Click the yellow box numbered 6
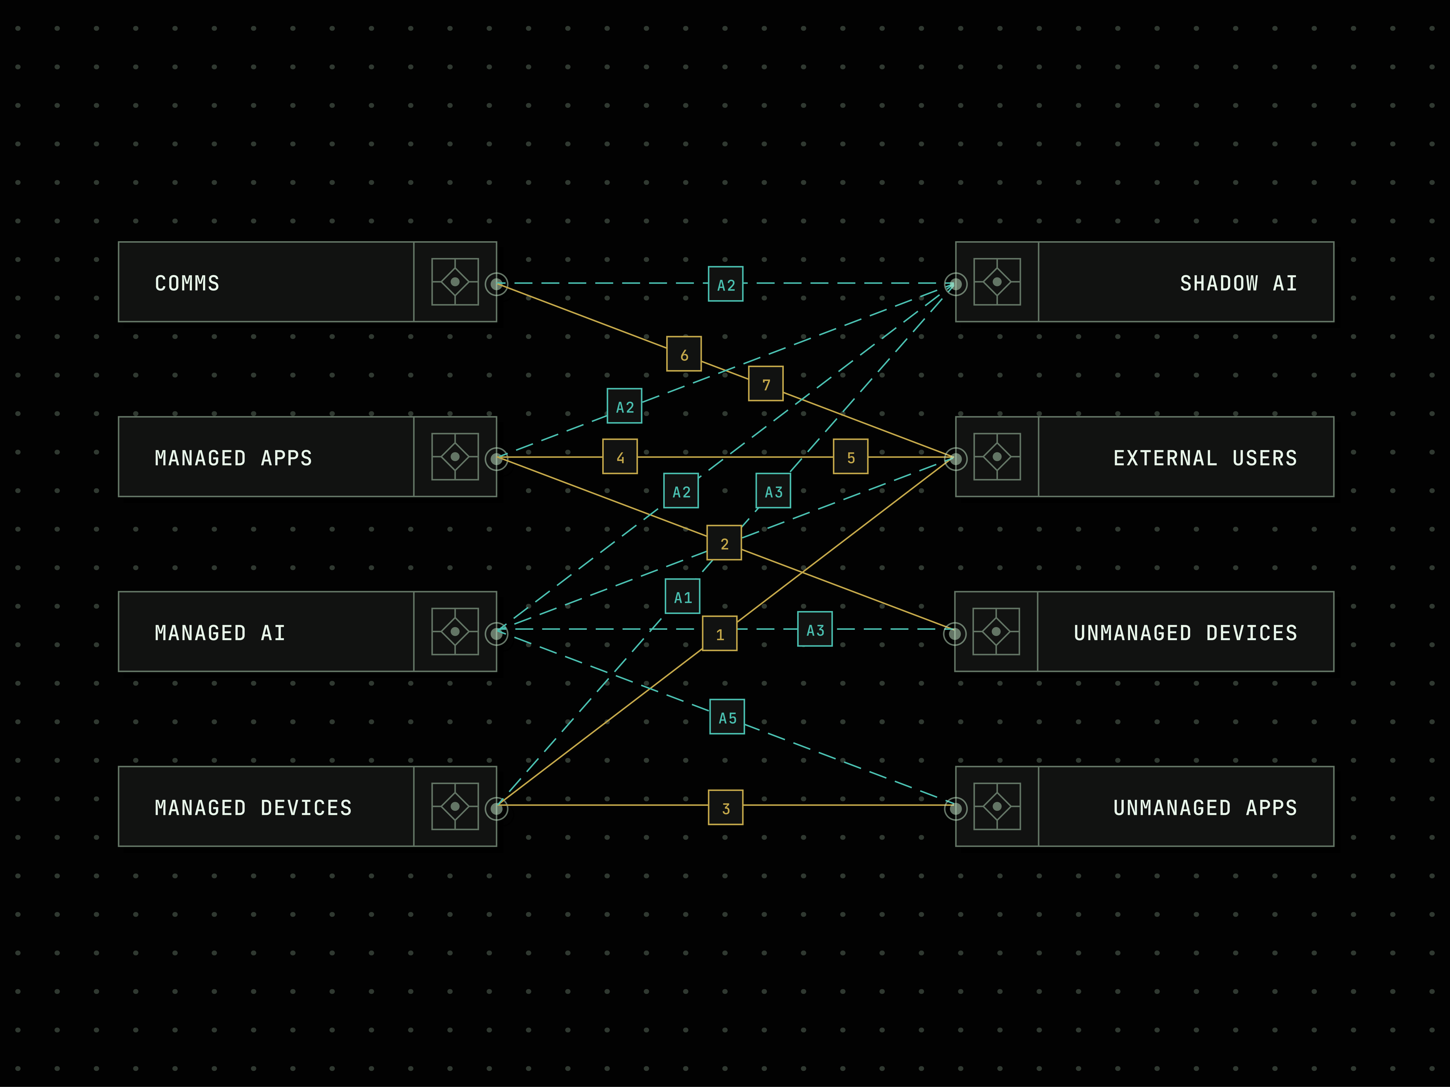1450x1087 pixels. point(684,354)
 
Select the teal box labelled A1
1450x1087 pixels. point(683,596)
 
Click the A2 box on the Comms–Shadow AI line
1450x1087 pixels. point(726,284)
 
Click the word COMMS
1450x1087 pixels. point(187,283)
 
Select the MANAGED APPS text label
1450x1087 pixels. point(233,458)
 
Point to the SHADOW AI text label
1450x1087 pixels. point(1238,283)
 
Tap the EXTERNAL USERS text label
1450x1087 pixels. point(1205,458)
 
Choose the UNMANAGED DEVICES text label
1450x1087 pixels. point(1185,633)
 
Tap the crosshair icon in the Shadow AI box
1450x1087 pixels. point(997,282)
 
